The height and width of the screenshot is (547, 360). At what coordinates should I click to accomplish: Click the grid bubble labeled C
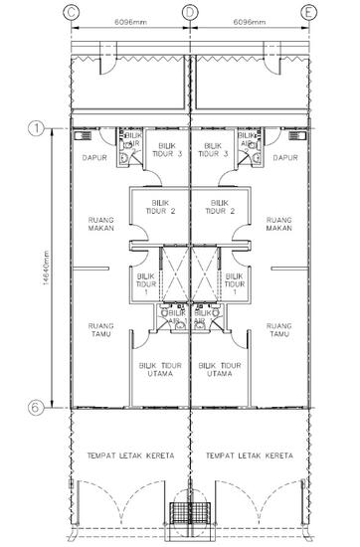[71, 11]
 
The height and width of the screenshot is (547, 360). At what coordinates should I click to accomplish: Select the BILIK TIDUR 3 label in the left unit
[168, 150]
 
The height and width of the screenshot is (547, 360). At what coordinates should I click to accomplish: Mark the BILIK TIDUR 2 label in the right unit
[217, 207]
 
